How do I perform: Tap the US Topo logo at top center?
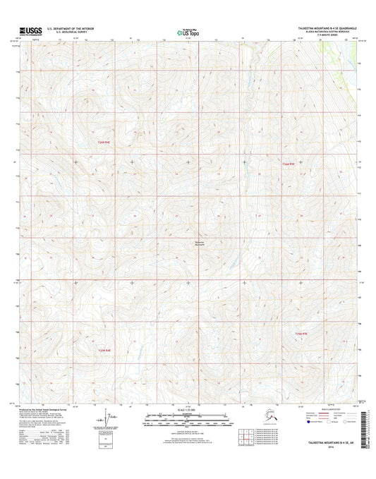(188, 31)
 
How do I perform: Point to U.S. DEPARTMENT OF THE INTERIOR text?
(70, 28)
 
